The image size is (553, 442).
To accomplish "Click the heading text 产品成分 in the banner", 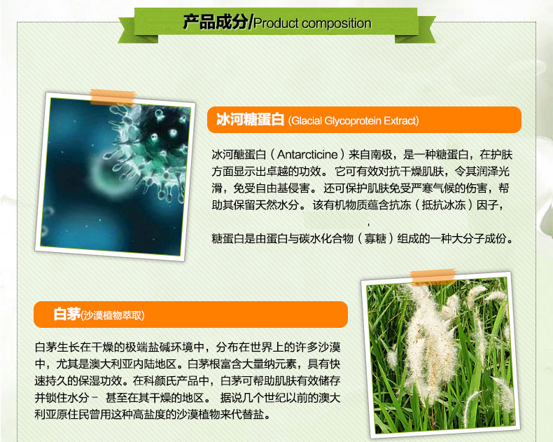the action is (216, 22).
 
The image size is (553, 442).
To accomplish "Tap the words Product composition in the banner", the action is (312, 23).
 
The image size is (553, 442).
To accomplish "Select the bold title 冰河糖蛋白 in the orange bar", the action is (250, 119).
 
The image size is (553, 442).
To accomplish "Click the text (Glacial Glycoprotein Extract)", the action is (353, 121).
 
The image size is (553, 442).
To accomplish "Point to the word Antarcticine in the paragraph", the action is (307, 154).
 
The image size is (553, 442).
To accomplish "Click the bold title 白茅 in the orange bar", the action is (67, 314).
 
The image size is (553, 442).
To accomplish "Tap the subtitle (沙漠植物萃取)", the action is (113, 315).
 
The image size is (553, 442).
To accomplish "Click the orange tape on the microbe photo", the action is (113, 97).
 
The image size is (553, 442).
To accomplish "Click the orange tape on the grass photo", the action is (433, 277).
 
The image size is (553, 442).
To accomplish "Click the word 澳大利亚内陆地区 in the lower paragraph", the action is (132, 364).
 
